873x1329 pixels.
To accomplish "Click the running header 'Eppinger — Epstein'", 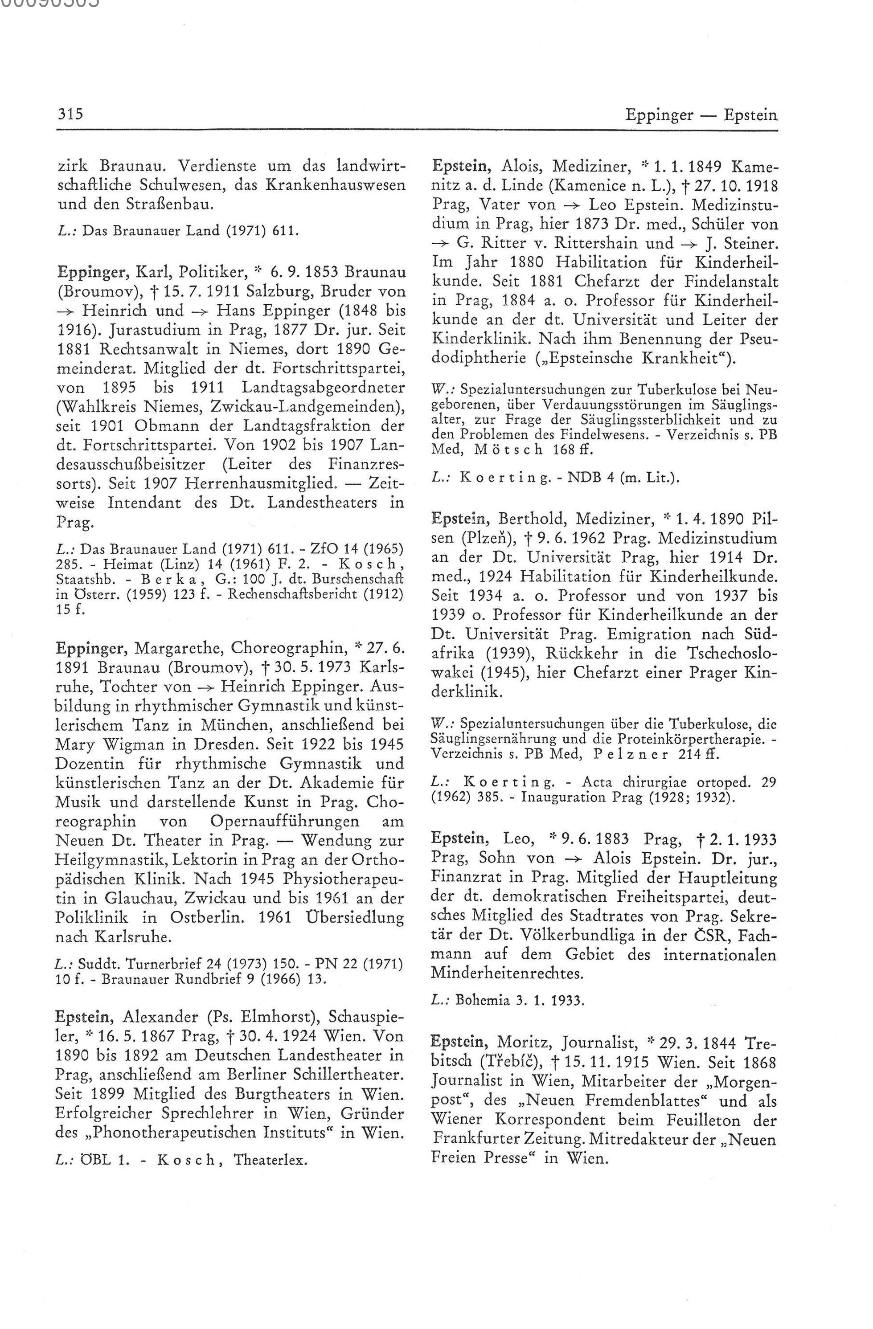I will pos(701,115).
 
